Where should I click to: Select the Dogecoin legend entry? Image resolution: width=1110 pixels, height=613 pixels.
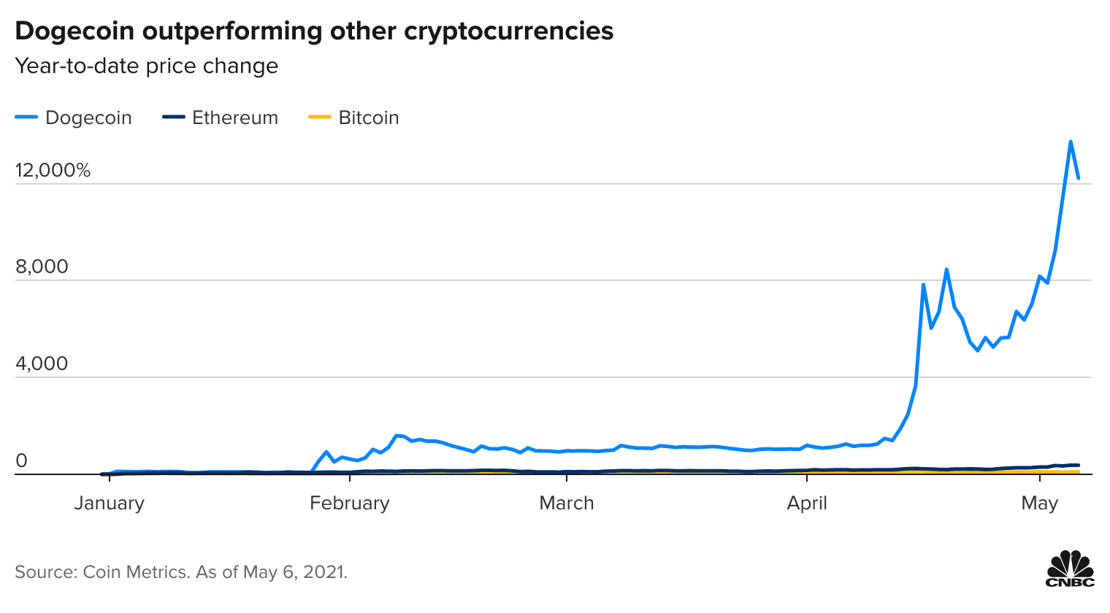click(x=88, y=117)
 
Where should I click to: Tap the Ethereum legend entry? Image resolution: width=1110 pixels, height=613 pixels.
click(x=234, y=117)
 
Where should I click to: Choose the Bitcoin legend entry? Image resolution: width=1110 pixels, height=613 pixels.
click(x=368, y=117)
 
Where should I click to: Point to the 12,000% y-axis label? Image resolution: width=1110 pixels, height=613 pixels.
click(x=53, y=170)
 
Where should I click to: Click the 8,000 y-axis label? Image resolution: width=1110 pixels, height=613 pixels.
click(x=42, y=266)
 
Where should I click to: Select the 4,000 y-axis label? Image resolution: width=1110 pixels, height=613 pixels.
click(x=42, y=363)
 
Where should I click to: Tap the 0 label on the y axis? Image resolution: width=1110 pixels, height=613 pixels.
click(x=21, y=460)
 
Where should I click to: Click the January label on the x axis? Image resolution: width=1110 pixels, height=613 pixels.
click(x=109, y=503)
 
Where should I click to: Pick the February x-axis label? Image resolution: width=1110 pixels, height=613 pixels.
click(x=349, y=503)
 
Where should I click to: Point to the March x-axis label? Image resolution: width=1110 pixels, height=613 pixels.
click(x=566, y=503)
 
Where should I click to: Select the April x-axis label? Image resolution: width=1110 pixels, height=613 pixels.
click(x=807, y=503)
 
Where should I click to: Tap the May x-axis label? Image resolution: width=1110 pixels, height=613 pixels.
click(x=1039, y=503)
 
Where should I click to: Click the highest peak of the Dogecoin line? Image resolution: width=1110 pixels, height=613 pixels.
click(x=1071, y=142)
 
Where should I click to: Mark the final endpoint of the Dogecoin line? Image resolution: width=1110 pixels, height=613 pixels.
click(x=1079, y=177)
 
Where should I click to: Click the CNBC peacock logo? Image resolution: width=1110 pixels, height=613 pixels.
click(x=1070, y=568)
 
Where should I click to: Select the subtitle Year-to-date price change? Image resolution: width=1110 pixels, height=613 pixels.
click(x=147, y=66)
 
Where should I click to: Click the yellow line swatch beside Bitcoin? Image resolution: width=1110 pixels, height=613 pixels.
click(x=318, y=117)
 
